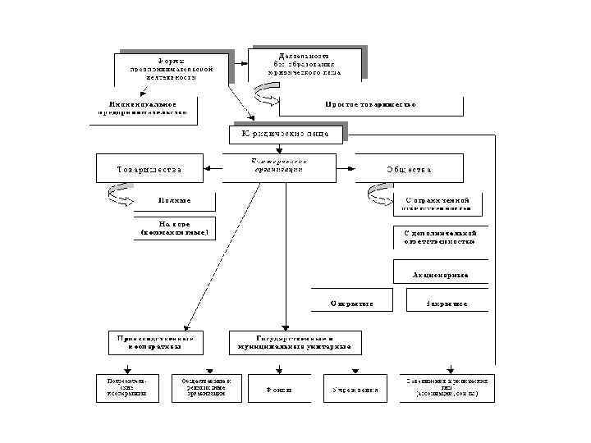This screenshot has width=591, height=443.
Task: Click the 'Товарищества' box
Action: [149, 169]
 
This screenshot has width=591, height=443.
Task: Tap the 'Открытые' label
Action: [352, 303]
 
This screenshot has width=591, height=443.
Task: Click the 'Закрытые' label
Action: [447, 303]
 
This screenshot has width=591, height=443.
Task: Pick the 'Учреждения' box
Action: [355, 389]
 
